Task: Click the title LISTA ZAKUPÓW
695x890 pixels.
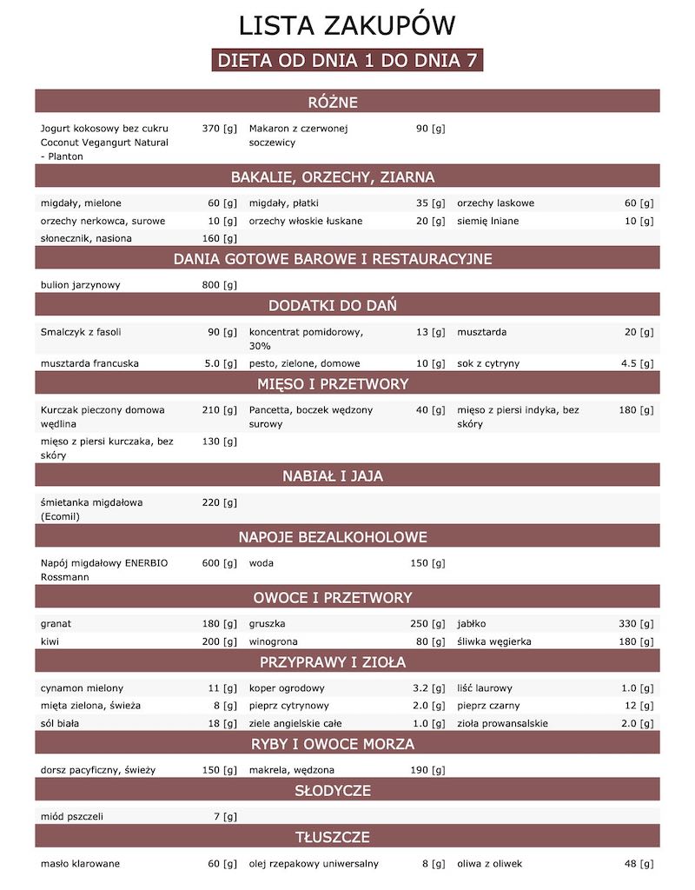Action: click(x=347, y=25)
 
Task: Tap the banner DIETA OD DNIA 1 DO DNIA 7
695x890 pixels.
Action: click(x=347, y=62)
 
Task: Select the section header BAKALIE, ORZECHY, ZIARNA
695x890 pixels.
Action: click(x=347, y=177)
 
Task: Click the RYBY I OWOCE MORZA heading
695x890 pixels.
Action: click(x=347, y=744)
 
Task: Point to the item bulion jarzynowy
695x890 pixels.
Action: click(x=80, y=285)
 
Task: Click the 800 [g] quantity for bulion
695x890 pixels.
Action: click(x=219, y=285)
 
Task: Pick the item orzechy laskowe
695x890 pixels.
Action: click(x=495, y=203)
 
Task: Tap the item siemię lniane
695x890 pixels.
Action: click(x=487, y=221)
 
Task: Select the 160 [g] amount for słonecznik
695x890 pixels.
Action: click(x=219, y=238)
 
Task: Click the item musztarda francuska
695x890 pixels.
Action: click(x=89, y=363)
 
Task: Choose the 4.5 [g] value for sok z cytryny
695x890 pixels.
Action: click(x=637, y=363)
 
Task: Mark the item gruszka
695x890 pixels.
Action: click(x=267, y=624)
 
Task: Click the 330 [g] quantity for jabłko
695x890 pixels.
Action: click(x=636, y=624)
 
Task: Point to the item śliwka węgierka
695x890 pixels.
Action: click(x=500, y=641)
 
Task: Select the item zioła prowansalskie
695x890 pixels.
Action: click(x=502, y=723)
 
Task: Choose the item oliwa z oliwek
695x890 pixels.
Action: click(x=489, y=864)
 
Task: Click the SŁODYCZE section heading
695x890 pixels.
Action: click(x=347, y=791)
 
